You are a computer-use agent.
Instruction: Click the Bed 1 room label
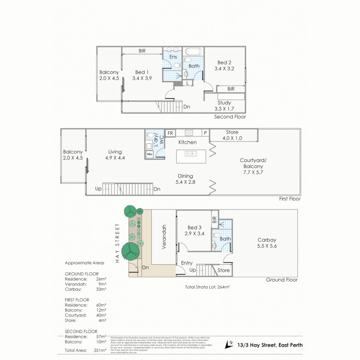(140, 72)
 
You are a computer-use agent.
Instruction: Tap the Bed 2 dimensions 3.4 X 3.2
(224, 69)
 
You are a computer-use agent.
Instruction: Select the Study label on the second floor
(224, 103)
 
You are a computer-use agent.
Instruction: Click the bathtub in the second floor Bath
(193, 52)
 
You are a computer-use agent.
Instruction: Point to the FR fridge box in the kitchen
(170, 133)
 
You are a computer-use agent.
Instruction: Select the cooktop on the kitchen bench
(189, 133)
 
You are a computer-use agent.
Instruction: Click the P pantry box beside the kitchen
(205, 133)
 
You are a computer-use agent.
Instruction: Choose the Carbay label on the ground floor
(267, 240)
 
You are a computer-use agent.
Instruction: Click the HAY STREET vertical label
(117, 243)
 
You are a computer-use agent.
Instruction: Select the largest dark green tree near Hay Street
(130, 251)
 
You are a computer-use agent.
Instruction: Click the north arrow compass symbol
(229, 344)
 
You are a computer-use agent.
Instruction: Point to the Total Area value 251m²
(100, 350)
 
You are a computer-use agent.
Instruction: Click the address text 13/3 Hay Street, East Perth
(270, 345)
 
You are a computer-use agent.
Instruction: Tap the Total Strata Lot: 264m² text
(208, 287)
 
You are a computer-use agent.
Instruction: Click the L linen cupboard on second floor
(188, 83)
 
